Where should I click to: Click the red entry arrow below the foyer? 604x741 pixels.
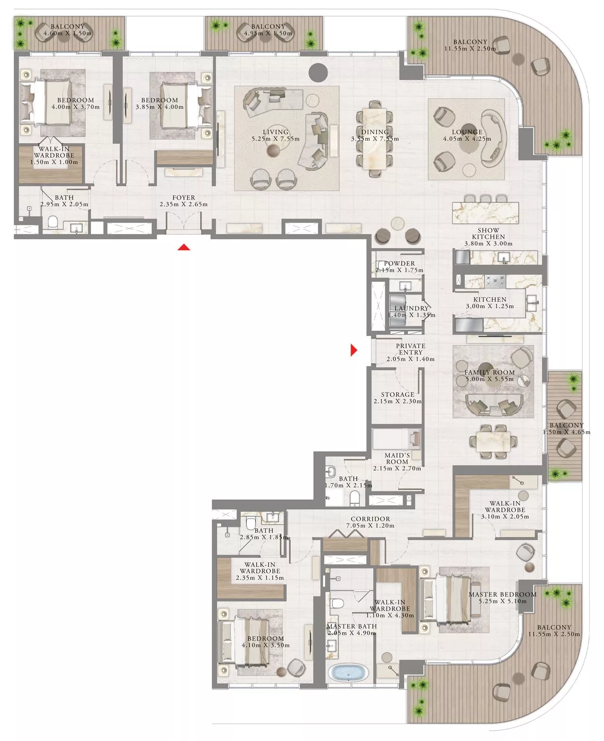coord(184,247)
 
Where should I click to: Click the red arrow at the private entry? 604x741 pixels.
coord(353,350)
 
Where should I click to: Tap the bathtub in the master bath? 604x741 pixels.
coord(348,673)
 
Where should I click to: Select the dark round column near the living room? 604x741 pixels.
coord(318,72)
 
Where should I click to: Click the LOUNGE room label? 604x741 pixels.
coord(467,132)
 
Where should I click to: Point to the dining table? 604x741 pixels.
coord(375,139)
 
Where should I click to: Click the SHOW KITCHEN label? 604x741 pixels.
coord(488,234)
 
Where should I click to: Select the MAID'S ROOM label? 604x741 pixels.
coord(397,458)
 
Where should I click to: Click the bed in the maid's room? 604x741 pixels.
coord(396,439)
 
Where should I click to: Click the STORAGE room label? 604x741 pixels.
coord(397,395)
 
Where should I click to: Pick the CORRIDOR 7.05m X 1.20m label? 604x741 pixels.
coord(370,522)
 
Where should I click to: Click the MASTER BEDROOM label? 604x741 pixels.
coord(502,594)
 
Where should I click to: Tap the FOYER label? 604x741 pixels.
coord(184,198)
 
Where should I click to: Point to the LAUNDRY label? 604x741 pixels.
coord(411,308)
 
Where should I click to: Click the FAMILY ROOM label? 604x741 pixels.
coord(489,372)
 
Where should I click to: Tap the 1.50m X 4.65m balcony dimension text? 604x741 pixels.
coord(566,432)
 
